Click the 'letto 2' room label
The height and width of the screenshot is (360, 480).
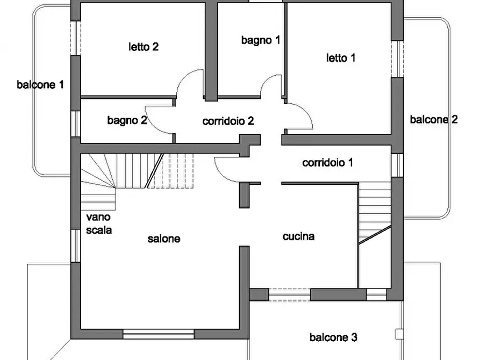click(143, 47)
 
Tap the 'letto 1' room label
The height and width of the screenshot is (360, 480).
click(341, 57)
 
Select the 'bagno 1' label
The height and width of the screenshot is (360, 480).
click(261, 40)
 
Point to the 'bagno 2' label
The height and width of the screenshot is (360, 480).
click(127, 120)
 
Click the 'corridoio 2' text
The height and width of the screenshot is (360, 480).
click(228, 121)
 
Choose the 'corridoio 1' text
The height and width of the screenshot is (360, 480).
click(327, 162)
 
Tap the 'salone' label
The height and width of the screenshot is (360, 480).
click(164, 239)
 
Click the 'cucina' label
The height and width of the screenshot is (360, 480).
click(298, 236)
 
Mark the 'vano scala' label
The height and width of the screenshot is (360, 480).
click(99, 224)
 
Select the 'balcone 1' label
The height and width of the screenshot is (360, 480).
click(40, 84)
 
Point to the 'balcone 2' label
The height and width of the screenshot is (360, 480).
click(434, 119)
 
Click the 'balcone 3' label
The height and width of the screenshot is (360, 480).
click(333, 337)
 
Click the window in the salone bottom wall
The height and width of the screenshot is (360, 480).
click(158, 334)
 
